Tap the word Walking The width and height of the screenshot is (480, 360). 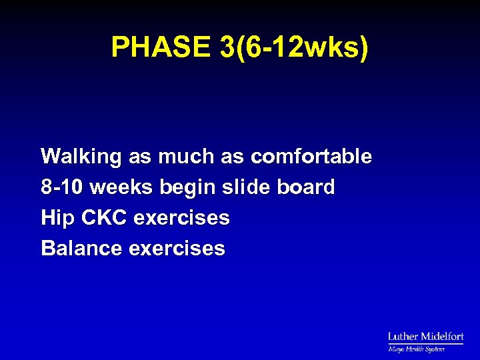[81, 157]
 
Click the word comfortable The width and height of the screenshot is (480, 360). [311, 157]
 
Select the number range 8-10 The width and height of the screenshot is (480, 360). [62, 187]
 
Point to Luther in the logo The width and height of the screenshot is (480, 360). [403, 337]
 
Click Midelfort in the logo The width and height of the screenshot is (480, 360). [441, 337]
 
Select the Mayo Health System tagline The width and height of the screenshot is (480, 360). [417, 349]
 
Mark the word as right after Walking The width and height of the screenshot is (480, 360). [139, 157]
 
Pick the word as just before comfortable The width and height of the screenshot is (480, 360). [234, 157]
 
